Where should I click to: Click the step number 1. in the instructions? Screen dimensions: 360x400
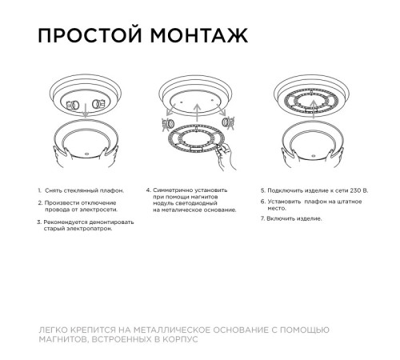[x=39, y=190]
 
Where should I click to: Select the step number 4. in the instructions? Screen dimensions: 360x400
[x=148, y=190]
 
